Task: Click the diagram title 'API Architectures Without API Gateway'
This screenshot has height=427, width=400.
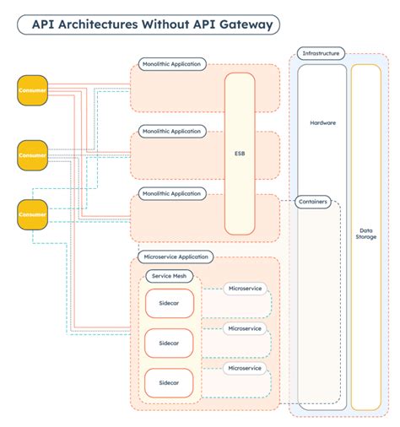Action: (153, 24)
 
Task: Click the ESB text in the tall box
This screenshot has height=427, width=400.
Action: (239, 154)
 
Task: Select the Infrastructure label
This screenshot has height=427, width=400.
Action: (321, 54)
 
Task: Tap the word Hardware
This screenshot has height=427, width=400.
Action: (322, 122)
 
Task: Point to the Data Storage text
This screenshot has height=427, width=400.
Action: (366, 233)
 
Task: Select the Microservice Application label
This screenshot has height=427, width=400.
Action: (176, 257)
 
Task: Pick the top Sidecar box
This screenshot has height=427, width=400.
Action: (170, 304)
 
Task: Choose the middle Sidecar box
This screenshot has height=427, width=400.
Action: (170, 343)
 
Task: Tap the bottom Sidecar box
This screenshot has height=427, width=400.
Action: (170, 382)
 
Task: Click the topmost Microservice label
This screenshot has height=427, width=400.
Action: (246, 289)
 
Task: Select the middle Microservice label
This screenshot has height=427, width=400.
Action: (246, 328)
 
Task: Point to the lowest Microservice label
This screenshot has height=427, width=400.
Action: (246, 368)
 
